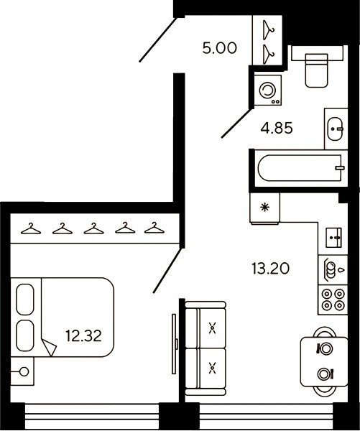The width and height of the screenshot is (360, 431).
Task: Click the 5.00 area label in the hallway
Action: pyautogui.click(x=219, y=48)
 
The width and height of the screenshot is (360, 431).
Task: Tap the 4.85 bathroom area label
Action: pyautogui.click(x=277, y=128)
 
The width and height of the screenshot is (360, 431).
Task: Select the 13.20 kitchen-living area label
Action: pyautogui.click(x=271, y=268)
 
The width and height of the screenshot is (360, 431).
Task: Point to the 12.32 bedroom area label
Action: pyautogui.click(x=83, y=335)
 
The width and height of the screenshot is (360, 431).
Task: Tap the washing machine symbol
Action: pyautogui.click(x=268, y=90)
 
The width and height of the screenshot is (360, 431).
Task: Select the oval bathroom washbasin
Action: pyautogui.click(x=336, y=129)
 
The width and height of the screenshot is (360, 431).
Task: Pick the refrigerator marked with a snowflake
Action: pyautogui.click(x=264, y=208)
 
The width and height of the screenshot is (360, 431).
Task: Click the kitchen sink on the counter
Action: pyautogui.click(x=333, y=237)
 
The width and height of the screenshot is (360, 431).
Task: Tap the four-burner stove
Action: pyautogui.click(x=333, y=300)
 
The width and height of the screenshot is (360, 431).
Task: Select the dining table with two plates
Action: pyautogui.click(x=324, y=361)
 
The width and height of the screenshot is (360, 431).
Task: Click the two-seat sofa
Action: pyautogui.click(x=206, y=348)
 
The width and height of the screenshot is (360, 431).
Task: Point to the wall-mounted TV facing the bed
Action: pyautogui.click(x=175, y=343)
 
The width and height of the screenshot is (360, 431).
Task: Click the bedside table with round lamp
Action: pyautogui.click(x=22, y=371)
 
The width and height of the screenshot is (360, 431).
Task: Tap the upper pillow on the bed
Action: pyautogui.click(x=25, y=299)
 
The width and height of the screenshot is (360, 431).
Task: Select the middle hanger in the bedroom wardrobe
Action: pyautogui.click(x=94, y=228)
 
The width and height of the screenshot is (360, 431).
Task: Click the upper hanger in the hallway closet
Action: pyautogui.click(x=269, y=30)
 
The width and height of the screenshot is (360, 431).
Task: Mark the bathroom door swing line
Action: pyautogui.click(x=237, y=124)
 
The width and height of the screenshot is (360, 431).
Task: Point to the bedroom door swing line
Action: pyautogui.click(x=167, y=270)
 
